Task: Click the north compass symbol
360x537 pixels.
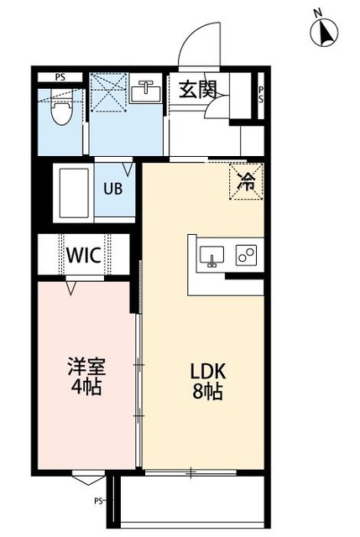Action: tap(323, 32)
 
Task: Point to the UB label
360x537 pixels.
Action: tap(112, 188)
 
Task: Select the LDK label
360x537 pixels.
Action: tap(206, 370)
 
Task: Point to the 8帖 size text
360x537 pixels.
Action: tap(206, 391)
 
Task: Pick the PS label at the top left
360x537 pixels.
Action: tap(60, 77)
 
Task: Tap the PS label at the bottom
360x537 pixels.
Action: tap(98, 503)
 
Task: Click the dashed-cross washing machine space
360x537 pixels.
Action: tap(108, 91)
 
